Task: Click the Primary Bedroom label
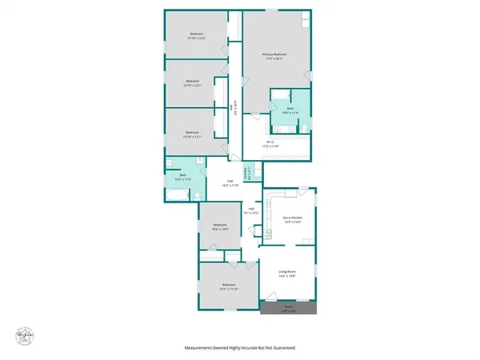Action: click(274, 56)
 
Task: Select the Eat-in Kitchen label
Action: click(291, 218)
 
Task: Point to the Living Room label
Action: click(288, 274)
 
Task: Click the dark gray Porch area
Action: click(290, 308)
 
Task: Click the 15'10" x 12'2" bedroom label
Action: click(197, 36)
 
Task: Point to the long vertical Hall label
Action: click(232, 110)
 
